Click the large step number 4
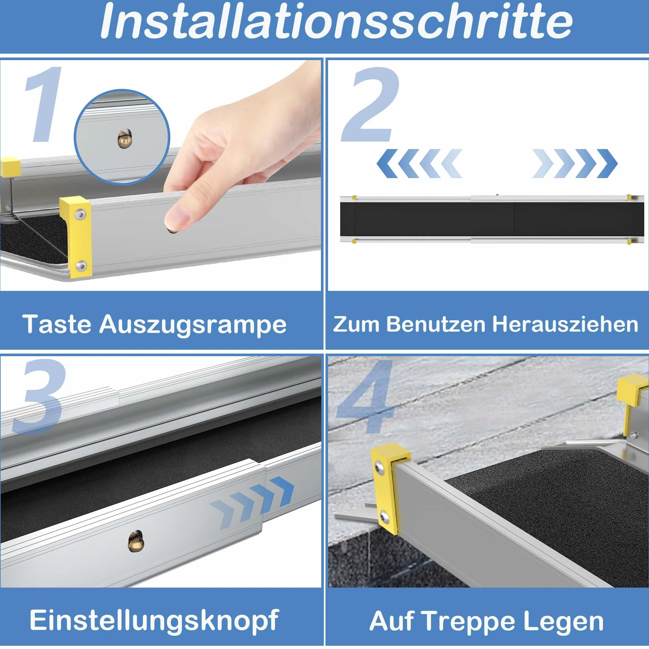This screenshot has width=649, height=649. click(366, 396)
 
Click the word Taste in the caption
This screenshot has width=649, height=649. click(57, 324)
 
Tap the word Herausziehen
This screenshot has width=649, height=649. click(565, 324)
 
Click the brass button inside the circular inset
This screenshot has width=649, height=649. click(124, 139)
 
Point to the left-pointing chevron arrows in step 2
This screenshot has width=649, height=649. click(419, 164)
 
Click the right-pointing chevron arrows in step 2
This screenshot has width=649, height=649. click(575, 164)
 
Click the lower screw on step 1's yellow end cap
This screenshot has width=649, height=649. click(81, 266)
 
